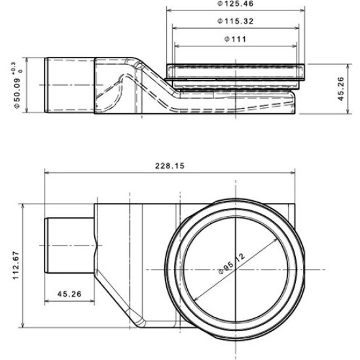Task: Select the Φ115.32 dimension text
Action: (236, 22)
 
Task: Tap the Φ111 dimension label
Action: (234, 39)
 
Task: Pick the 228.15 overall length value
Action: (169, 166)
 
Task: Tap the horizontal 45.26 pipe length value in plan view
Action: (69, 294)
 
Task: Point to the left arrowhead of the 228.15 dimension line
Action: (47, 173)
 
